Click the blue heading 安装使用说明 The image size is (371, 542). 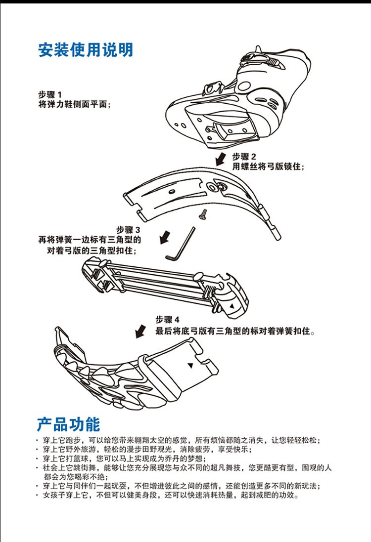pos(86,50)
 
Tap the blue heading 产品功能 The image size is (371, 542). pos(69,424)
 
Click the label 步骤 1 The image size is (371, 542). pos(50,95)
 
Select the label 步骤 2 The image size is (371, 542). pos(244,157)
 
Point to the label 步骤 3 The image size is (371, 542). pos(129,230)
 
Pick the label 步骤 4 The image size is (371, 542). pos(168,319)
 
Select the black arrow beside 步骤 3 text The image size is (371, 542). pos(165,237)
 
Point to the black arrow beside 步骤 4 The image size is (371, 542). pos(140,331)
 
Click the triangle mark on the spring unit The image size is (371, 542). pos(232,306)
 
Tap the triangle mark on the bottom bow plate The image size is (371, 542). pos(190,365)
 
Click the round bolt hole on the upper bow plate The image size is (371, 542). pos(211,187)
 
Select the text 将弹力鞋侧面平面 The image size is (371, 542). pos(74,104)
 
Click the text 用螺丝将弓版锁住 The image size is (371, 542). pos(268,167)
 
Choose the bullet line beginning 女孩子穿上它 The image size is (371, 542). pos(168,495)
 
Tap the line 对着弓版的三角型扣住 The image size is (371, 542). pos(92,250)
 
